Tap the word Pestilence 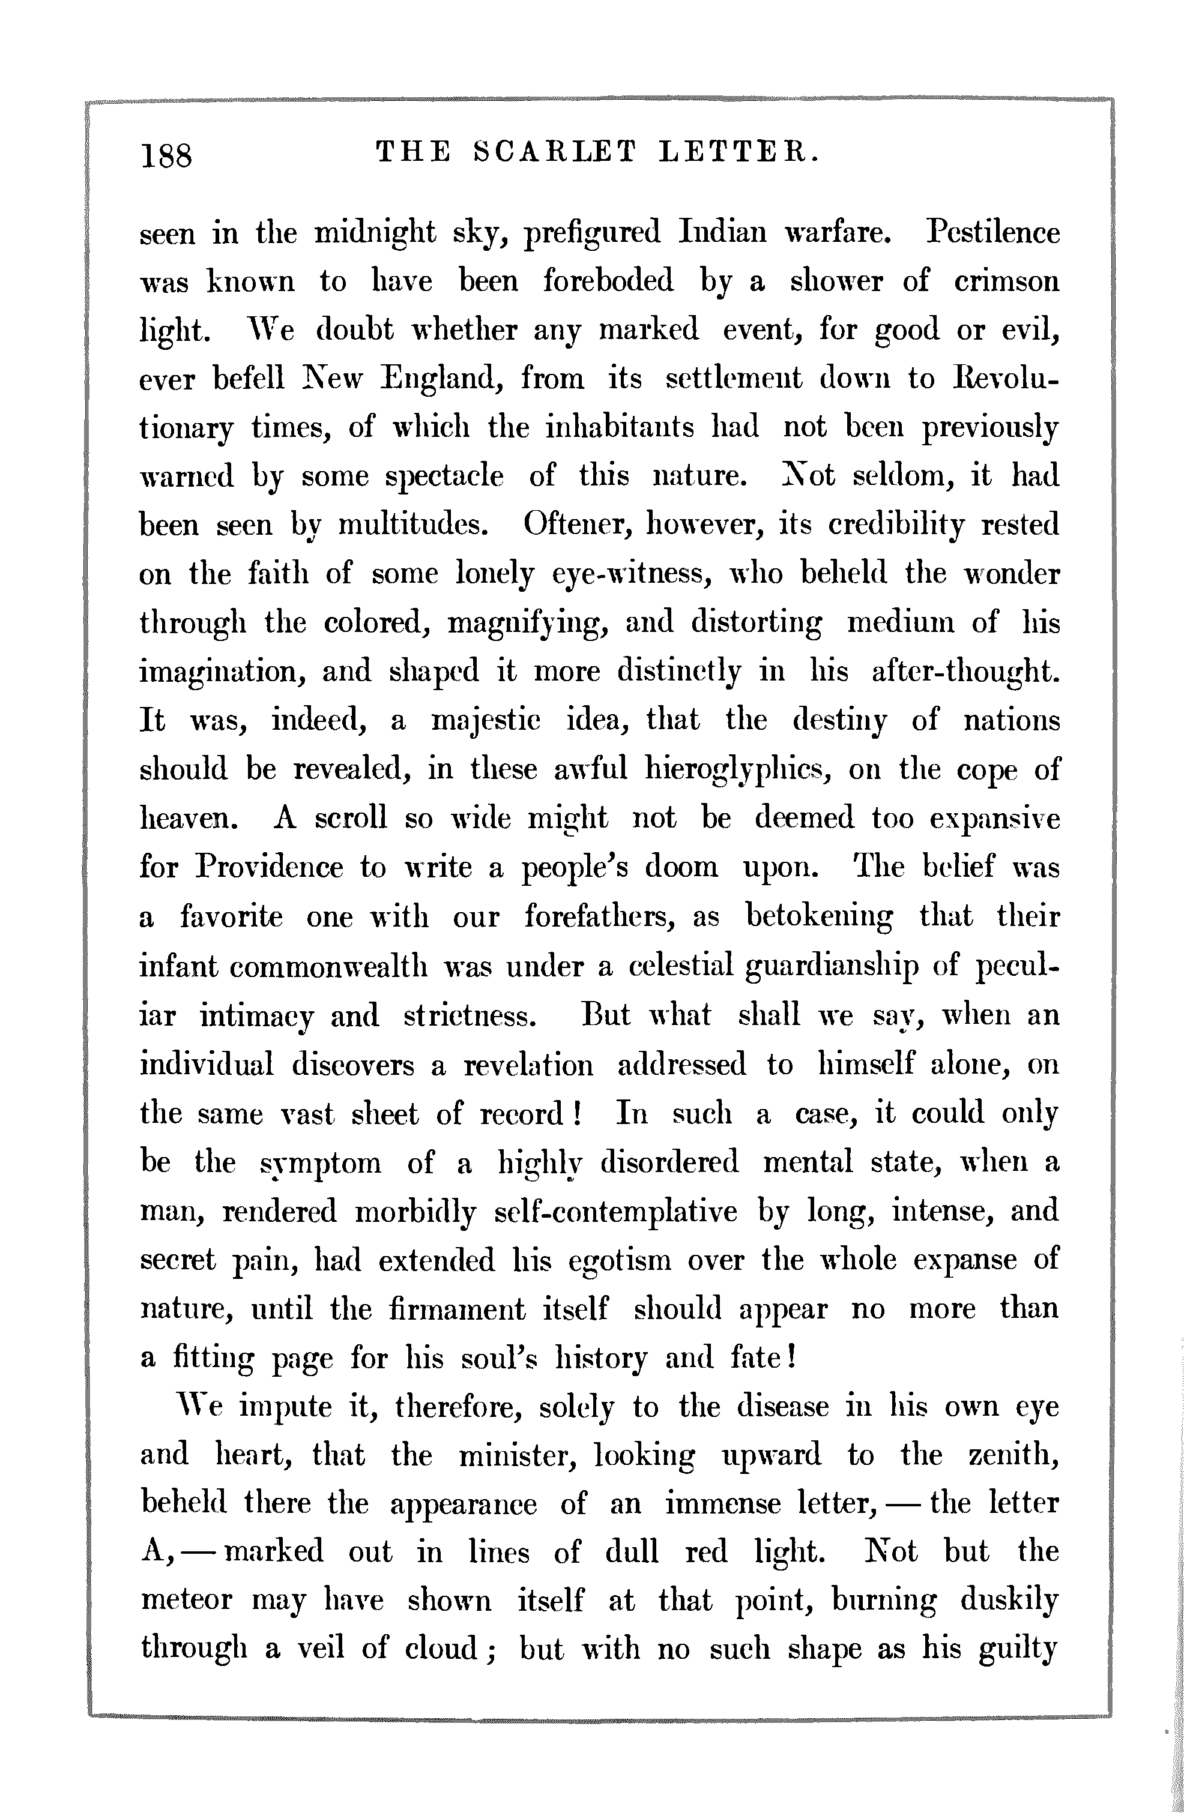pyautogui.click(x=992, y=232)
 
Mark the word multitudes pyautogui.click(x=412, y=525)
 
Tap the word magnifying pyautogui.click(x=527, y=623)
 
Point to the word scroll pyautogui.click(x=351, y=818)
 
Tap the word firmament pyautogui.click(x=456, y=1309)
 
